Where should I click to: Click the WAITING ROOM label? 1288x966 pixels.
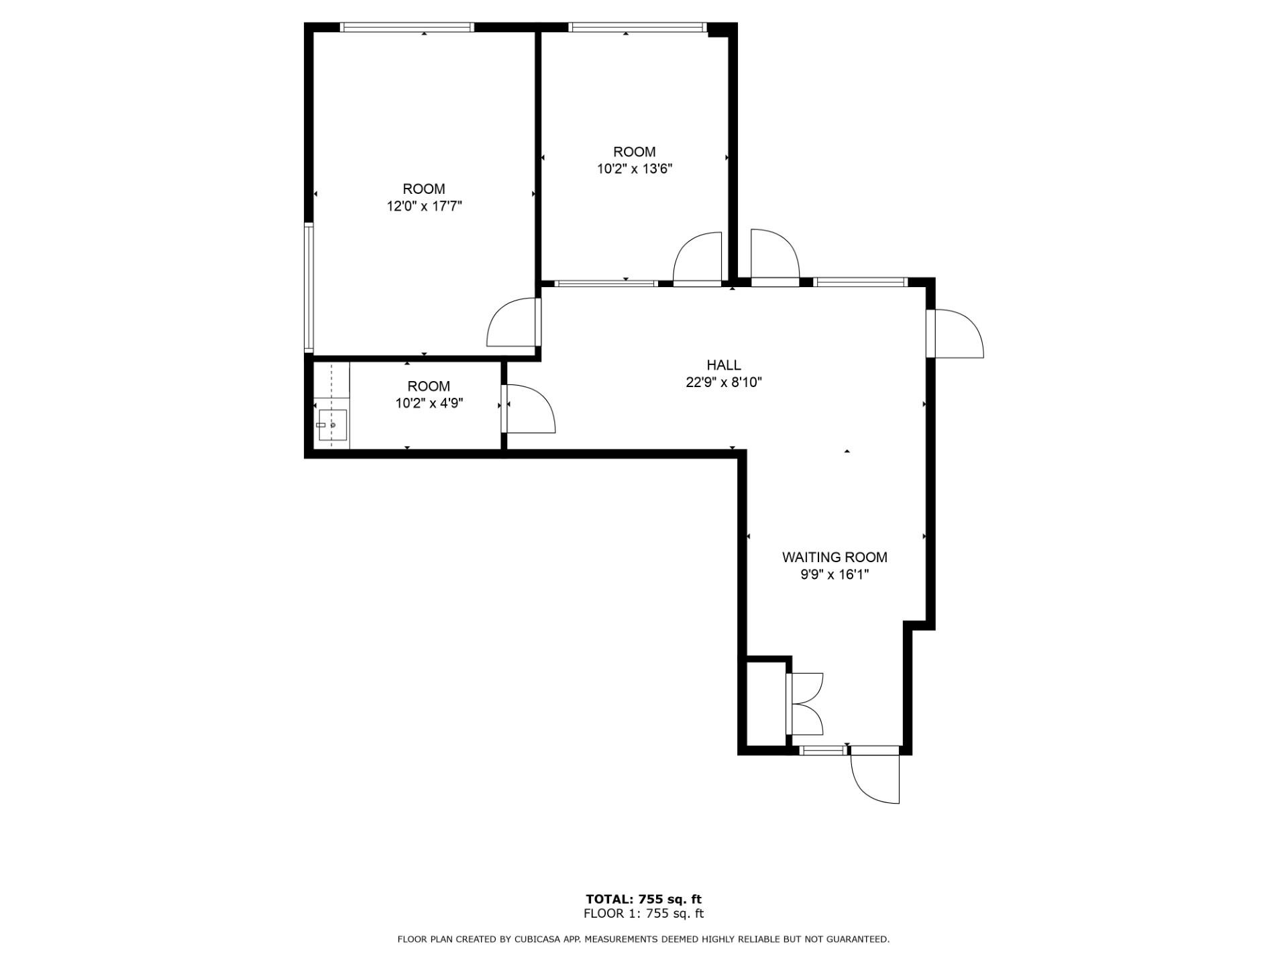click(x=835, y=557)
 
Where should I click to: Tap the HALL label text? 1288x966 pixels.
click(x=723, y=365)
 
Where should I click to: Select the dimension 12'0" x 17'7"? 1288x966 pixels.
click(x=424, y=206)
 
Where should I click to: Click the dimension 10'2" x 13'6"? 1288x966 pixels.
click(x=635, y=169)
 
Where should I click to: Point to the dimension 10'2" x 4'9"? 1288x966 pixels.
click(x=429, y=403)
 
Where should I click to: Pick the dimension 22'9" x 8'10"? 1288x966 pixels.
click(x=723, y=382)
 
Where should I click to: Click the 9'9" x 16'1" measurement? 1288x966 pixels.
click(x=835, y=574)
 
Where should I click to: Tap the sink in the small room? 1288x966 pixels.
click(x=332, y=425)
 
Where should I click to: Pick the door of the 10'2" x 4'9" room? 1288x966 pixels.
click(x=530, y=409)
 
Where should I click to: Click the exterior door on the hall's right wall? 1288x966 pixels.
click(x=956, y=333)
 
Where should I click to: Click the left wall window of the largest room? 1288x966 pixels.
click(x=309, y=288)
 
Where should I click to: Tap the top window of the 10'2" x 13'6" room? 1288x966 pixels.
click(x=637, y=28)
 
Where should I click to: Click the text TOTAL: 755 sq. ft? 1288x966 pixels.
click(x=643, y=899)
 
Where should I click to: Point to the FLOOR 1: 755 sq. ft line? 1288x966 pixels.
click(x=643, y=913)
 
